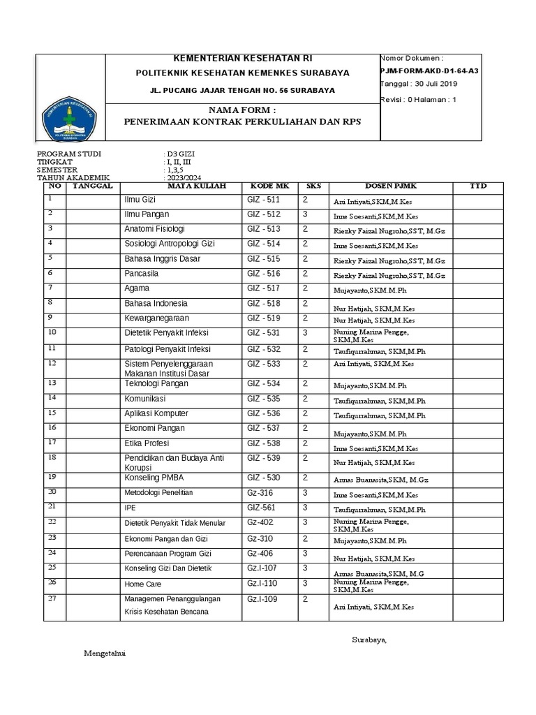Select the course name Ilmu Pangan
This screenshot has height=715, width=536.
click(x=147, y=214)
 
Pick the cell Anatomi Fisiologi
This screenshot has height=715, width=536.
click(x=154, y=229)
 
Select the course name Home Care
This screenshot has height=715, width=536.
click(x=142, y=584)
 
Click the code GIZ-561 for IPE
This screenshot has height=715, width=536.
click(x=262, y=508)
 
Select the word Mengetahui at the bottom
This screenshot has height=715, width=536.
click(x=105, y=654)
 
